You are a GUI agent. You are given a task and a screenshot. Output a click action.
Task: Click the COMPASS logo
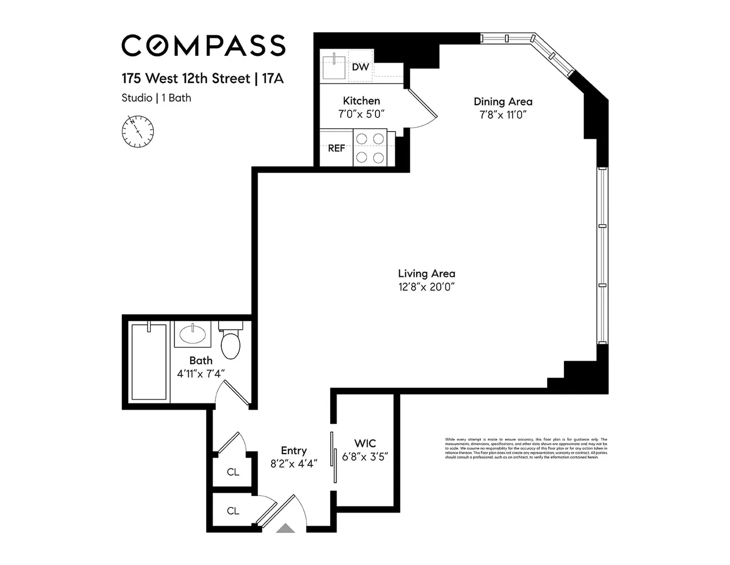tap(203, 46)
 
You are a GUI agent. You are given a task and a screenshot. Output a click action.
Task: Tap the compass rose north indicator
tap(137, 132)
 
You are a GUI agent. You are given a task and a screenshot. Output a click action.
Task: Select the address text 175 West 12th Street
tap(186, 78)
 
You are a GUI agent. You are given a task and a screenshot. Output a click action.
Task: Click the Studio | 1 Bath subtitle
tap(156, 98)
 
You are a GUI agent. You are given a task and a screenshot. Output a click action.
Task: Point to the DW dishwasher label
tap(360, 67)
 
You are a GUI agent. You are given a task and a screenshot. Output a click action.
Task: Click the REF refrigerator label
tap(336, 148)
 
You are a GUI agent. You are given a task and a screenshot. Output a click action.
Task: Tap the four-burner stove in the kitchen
tap(370, 148)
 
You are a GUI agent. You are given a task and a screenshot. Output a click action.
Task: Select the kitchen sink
tap(334, 67)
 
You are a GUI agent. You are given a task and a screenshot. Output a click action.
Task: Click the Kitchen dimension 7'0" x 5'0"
tap(361, 114)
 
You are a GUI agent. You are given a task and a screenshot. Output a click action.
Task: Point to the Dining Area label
tap(502, 102)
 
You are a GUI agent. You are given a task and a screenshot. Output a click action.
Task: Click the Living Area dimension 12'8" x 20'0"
tap(426, 286)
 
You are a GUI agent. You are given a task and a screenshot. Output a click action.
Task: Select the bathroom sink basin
tap(193, 334)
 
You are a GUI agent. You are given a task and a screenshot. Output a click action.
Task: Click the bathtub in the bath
tap(148, 362)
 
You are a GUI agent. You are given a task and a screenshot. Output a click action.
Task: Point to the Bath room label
tap(201, 360)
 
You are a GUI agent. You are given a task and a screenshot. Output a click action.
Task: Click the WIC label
tap(365, 444)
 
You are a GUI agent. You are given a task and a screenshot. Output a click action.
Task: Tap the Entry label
tap(294, 450)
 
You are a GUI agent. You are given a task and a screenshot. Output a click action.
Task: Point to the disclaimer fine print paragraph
tap(526, 448)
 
